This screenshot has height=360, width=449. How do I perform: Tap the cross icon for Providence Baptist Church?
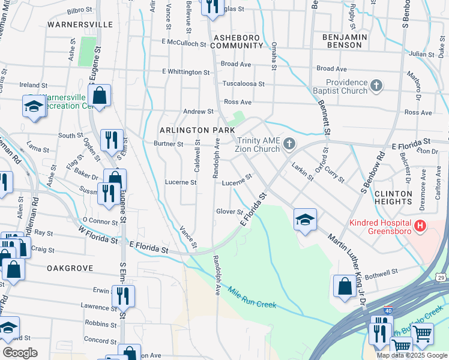pos(376,86)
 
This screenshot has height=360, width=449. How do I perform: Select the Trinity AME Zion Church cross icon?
pos(289,143)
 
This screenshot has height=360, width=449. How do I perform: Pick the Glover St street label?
pos(229,211)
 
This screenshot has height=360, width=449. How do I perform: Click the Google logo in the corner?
pos(20,353)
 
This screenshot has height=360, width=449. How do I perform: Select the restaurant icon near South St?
pos(111,139)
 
